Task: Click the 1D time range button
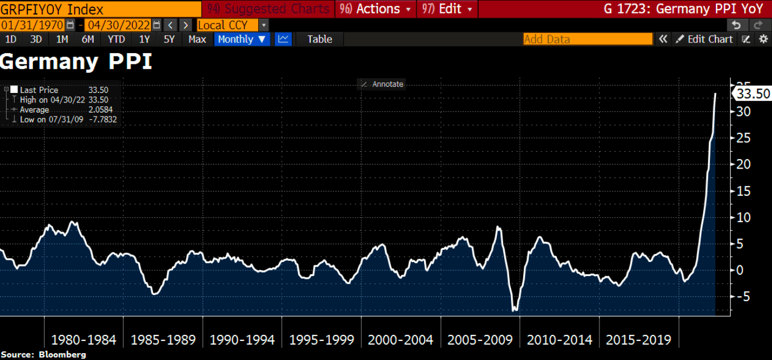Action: (11, 39)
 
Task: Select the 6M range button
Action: (88, 39)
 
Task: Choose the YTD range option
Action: (117, 39)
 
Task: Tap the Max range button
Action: (197, 39)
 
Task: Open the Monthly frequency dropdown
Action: (242, 39)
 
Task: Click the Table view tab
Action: (319, 39)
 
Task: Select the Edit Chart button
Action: (704, 39)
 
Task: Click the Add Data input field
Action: (587, 39)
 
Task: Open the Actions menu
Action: (379, 9)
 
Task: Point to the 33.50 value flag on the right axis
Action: (752, 93)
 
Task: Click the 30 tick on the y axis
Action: (743, 111)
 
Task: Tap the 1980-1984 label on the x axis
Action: (83, 340)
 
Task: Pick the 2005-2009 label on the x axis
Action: (480, 340)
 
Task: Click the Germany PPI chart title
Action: (76, 61)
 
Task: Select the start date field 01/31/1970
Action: (32, 25)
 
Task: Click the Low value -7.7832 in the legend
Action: (103, 119)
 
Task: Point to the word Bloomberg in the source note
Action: (62, 355)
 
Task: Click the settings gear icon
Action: (763, 39)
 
